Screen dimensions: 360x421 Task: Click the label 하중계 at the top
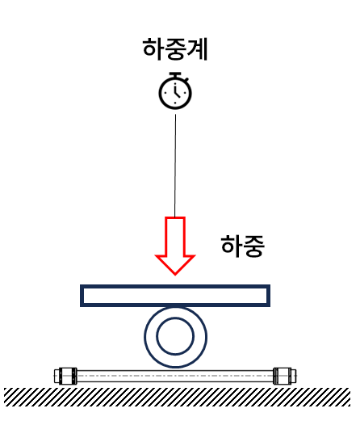pyautogui.click(x=175, y=48)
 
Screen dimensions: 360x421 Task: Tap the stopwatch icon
pyautogui.click(x=175, y=91)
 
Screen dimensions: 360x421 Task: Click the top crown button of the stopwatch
pyautogui.click(x=175, y=74)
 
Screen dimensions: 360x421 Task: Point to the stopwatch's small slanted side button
pyautogui.click(x=186, y=80)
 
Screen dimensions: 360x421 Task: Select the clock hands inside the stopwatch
pyautogui.click(x=176, y=91)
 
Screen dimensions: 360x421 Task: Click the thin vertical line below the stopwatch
pyautogui.click(x=175, y=166)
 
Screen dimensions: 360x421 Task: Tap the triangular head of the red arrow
pyautogui.click(x=175, y=265)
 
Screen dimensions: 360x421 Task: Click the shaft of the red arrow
pyautogui.click(x=175, y=236)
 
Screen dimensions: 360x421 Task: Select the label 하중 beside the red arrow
pyautogui.click(x=243, y=246)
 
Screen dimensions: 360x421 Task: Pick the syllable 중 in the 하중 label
pyautogui.click(x=254, y=246)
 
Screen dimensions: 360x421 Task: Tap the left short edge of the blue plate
pyautogui.click(x=82, y=296)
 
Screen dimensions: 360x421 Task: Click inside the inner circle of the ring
pyautogui.click(x=175, y=336)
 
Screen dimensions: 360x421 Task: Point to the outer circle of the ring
pyautogui.click(x=145, y=337)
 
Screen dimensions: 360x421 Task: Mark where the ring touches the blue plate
pyautogui.click(x=175, y=307)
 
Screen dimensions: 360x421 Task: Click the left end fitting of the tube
pyautogui.click(x=65, y=376)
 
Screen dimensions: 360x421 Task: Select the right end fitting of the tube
pyautogui.click(x=285, y=376)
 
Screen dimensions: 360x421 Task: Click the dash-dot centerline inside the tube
pyautogui.click(x=175, y=376)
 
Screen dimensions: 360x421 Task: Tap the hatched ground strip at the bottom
pyautogui.click(x=177, y=397)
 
